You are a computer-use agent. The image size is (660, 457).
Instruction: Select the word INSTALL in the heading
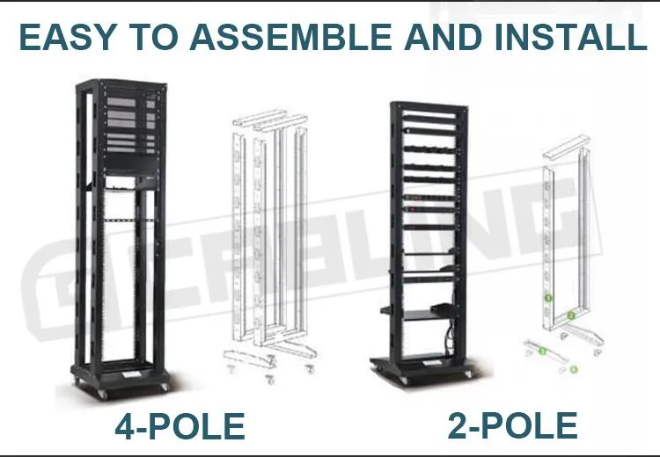pyautogui.click(x=570, y=37)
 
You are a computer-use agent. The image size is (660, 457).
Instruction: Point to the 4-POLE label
pyautogui.click(x=180, y=426)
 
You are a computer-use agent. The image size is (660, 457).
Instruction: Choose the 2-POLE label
pyautogui.click(x=512, y=426)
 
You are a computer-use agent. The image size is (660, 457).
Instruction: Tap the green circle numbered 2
pyautogui.click(x=571, y=316)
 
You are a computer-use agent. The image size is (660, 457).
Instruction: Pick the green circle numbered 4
pyautogui.click(x=573, y=369)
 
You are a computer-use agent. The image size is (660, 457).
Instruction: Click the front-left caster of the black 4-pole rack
pyautogui.click(x=101, y=394)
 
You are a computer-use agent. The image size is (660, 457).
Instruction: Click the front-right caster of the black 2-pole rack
pyautogui.click(x=468, y=375)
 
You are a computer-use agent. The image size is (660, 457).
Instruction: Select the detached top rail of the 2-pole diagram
pyautogui.click(x=564, y=147)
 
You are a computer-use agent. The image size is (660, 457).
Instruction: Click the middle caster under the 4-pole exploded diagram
pyautogui.click(x=270, y=380)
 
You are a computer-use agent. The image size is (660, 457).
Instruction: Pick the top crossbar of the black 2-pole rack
pyautogui.click(x=429, y=107)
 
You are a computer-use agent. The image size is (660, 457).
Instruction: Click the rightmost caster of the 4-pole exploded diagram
pyautogui.click(x=311, y=369)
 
